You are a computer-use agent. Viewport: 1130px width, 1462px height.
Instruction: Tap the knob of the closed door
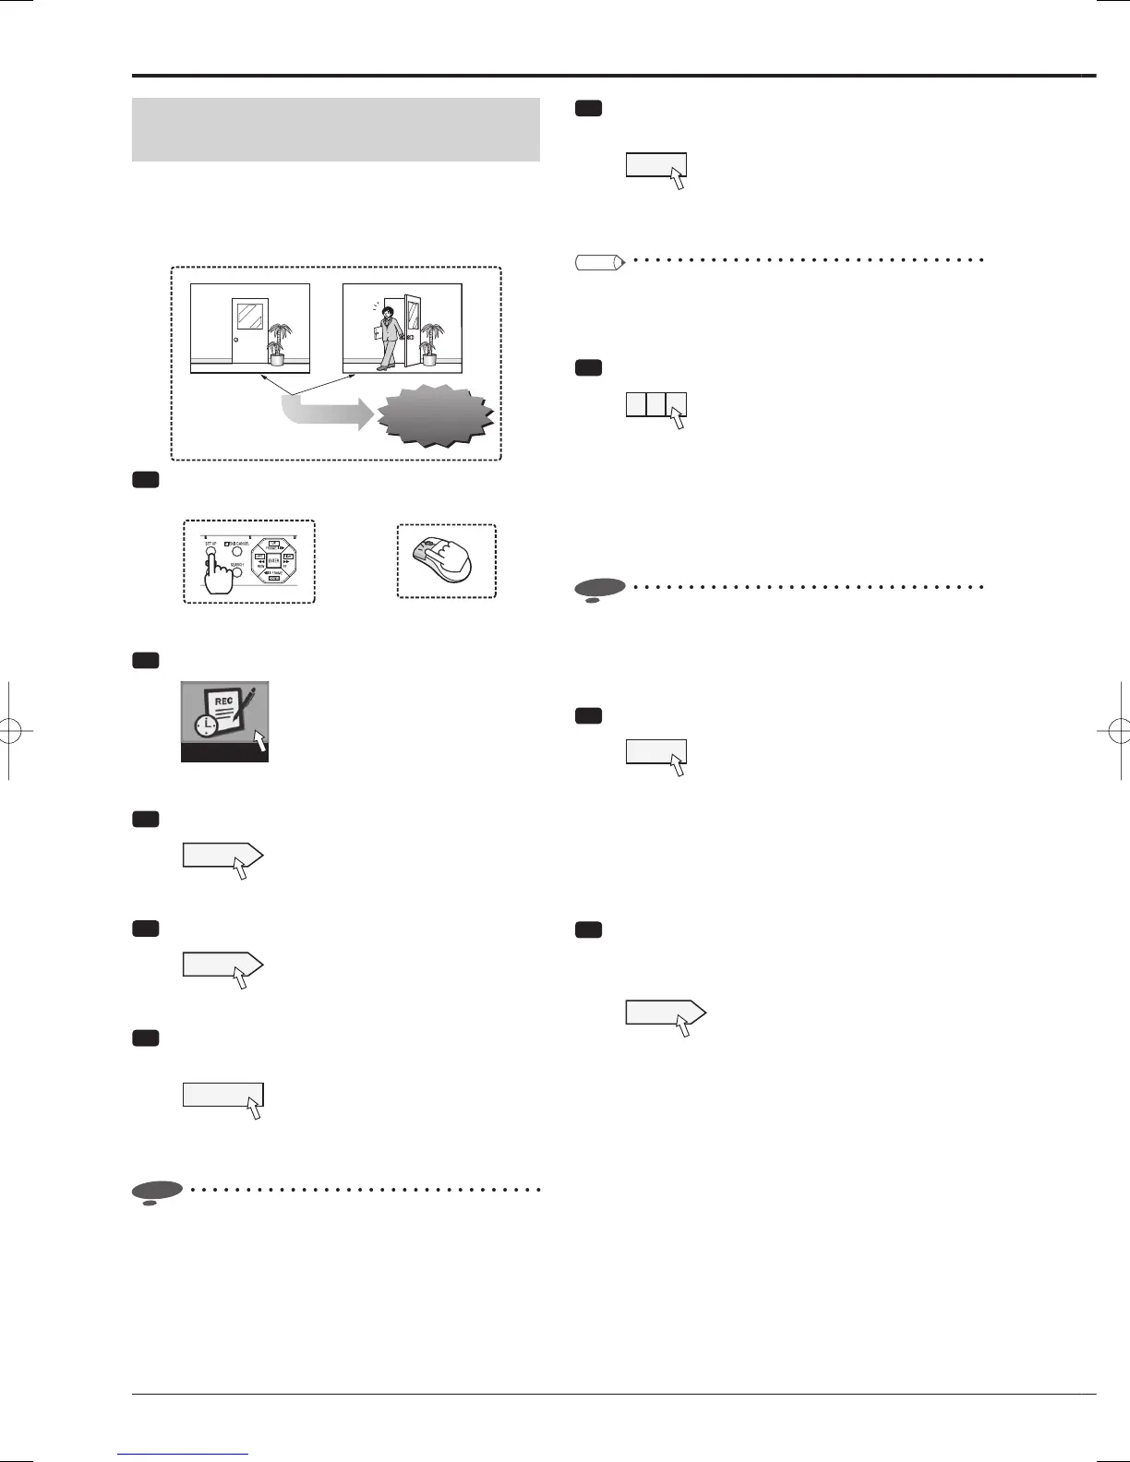click(236, 336)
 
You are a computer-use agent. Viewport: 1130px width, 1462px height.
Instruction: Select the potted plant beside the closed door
click(275, 341)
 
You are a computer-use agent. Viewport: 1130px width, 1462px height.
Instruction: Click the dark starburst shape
click(435, 416)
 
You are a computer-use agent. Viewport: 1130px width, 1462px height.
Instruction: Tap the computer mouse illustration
click(443, 560)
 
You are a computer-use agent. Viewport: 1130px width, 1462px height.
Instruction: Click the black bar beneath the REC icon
click(224, 753)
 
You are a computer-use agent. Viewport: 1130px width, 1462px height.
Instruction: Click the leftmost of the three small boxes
click(636, 404)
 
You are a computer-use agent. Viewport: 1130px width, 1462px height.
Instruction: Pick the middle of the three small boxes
click(655, 404)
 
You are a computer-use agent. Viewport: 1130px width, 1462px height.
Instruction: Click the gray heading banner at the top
click(336, 129)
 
